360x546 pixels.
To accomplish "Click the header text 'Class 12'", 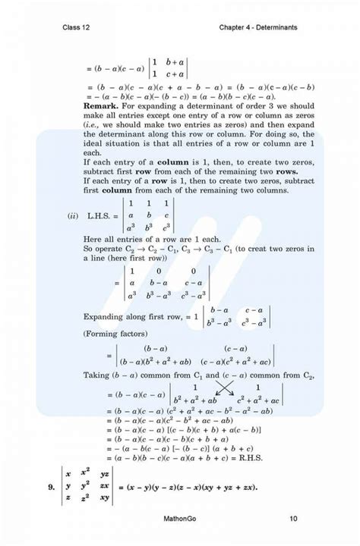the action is coord(79,28).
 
